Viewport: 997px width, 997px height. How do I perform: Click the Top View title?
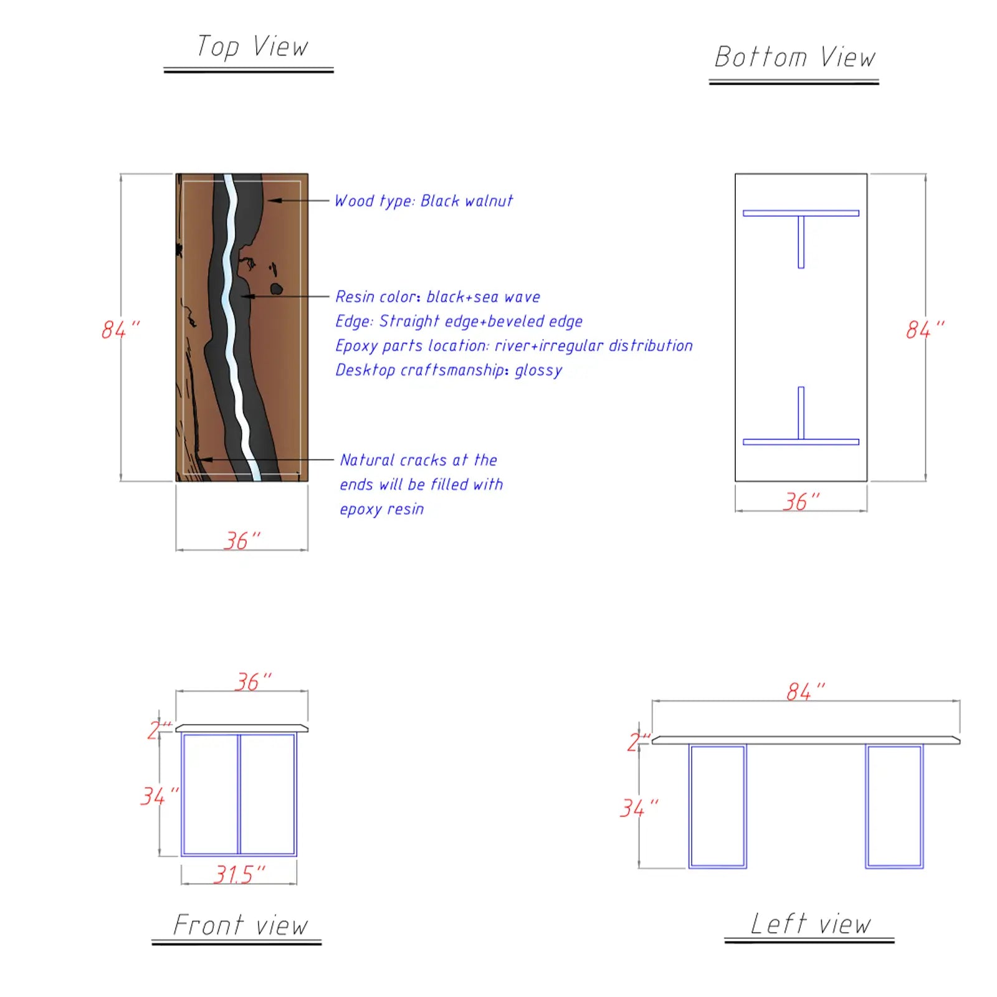(252, 47)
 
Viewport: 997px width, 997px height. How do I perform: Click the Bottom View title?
(794, 57)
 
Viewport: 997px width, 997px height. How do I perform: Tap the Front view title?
(241, 925)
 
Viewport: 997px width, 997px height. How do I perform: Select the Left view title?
(810, 923)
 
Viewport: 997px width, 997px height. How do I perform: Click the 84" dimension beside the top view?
(121, 330)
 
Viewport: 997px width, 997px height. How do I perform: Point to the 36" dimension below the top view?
(242, 540)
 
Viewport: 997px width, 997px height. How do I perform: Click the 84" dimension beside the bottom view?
(925, 330)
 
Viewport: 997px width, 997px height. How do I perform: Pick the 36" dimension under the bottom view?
(801, 501)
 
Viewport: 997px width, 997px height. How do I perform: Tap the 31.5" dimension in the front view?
(239, 874)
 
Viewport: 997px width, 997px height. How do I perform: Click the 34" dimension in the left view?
(639, 808)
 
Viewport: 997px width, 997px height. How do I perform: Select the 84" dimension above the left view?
(806, 691)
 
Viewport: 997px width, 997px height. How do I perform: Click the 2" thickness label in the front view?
(159, 730)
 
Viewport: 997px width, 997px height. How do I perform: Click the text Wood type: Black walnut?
(424, 201)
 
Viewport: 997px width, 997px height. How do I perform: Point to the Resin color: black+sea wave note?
(437, 297)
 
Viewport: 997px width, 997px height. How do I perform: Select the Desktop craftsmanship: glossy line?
(449, 370)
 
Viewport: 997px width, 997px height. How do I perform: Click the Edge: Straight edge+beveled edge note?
(459, 322)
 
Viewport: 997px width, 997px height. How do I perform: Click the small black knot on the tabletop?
(276, 289)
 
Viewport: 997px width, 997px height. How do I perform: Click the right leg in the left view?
(894, 806)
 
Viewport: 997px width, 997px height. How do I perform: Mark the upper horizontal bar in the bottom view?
(801, 213)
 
